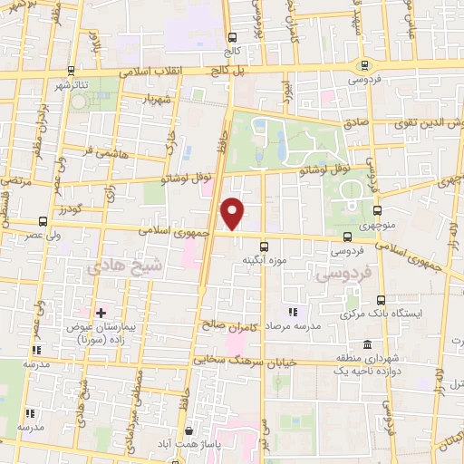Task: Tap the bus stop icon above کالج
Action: (235, 37)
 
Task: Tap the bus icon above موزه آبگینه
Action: (264, 246)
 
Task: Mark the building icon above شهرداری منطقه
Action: (367, 344)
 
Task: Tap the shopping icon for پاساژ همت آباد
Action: (188, 431)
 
